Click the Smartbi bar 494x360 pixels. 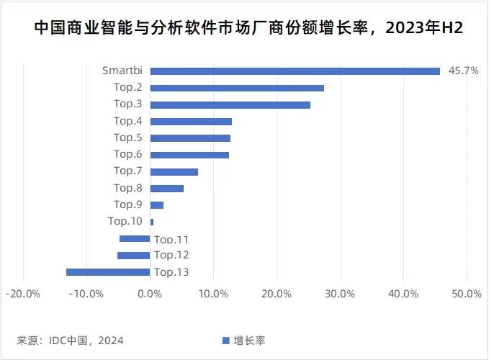point(295,71)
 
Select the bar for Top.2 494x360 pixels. point(237,88)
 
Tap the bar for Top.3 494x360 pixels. point(230,104)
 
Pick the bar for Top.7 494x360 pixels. point(174,171)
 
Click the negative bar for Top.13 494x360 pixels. point(108,272)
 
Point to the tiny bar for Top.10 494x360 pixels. point(151,222)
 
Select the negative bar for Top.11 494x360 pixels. point(135,239)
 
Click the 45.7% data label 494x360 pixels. point(463,71)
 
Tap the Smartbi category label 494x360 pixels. point(122,71)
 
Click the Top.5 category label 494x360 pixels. point(127,138)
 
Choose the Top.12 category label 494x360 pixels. point(171,256)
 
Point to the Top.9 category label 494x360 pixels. point(127,204)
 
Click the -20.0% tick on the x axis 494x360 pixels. point(22,294)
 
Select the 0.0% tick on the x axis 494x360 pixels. point(150,294)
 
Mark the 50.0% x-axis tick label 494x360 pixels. point(467,294)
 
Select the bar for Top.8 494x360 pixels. point(166,189)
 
